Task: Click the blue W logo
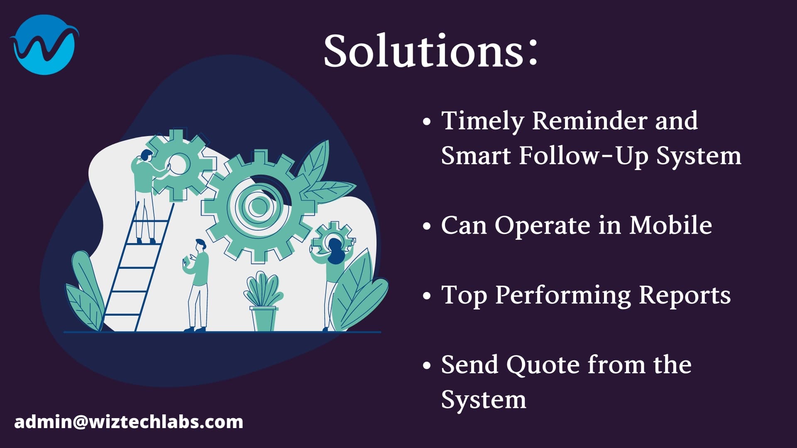44,45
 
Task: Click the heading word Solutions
423,51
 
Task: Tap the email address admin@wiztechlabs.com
129,422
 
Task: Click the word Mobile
670,225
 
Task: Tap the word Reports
685,296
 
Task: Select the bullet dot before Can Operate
426,226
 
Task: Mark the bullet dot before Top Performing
426,296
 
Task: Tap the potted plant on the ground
263,301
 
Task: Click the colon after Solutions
533,52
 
